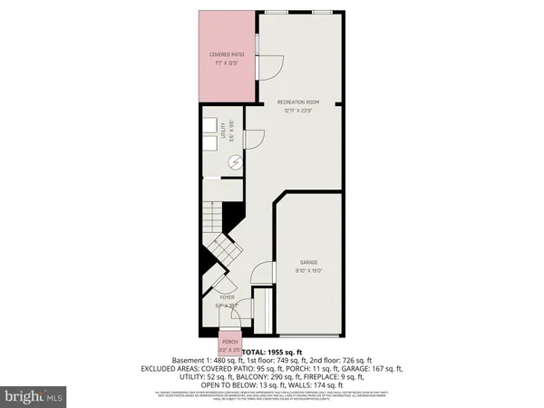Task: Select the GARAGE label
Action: (x=307, y=263)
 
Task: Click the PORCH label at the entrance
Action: (x=230, y=342)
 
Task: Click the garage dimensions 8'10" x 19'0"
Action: (x=307, y=271)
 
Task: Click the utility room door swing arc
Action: (x=256, y=136)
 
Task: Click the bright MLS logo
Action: (x=34, y=395)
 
